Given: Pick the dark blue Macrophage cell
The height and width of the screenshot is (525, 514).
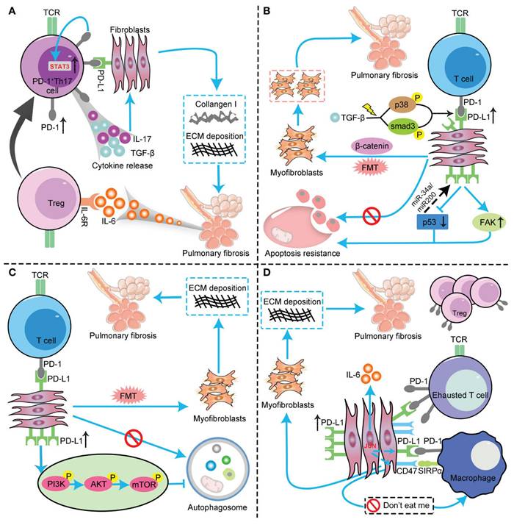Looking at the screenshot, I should pyautogui.click(x=469, y=457).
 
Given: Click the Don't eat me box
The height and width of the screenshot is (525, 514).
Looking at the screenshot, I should pyautogui.click(x=395, y=506).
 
